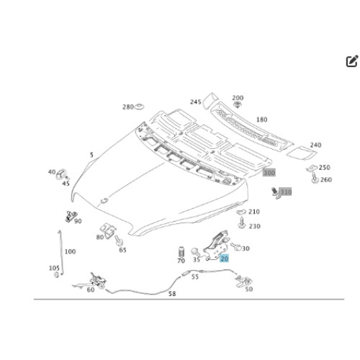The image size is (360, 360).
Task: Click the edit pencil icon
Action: [x=352, y=61]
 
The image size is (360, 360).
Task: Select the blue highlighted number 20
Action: [x=224, y=258]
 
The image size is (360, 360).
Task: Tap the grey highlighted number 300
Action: [x=269, y=173]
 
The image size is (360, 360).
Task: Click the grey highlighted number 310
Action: [x=286, y=192]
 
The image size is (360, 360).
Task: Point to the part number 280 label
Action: [x=128, y=107]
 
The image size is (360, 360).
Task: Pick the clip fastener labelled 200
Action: [x=238, y=104]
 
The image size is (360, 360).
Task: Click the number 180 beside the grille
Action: [x=261, y=120]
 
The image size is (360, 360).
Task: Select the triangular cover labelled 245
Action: [x=210, y=100]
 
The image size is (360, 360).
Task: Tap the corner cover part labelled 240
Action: [x=302, y=153]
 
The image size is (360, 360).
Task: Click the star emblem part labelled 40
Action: [x=61, y=174]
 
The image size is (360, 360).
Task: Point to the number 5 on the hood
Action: [x=91, y=155]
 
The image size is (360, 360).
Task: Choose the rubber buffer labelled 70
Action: [x=181, y=252]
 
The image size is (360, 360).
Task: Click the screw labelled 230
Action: [x=241, y=222]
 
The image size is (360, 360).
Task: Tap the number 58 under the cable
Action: [x=172, y=294]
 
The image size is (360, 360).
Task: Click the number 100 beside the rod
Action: [x=70, y=251]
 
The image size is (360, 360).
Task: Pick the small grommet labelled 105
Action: [x=57, y=275]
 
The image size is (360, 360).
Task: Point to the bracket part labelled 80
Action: [x=108, y=230]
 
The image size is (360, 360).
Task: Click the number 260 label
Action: [x=325, y=179]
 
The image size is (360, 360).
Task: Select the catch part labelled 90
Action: [x=71, y=216]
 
